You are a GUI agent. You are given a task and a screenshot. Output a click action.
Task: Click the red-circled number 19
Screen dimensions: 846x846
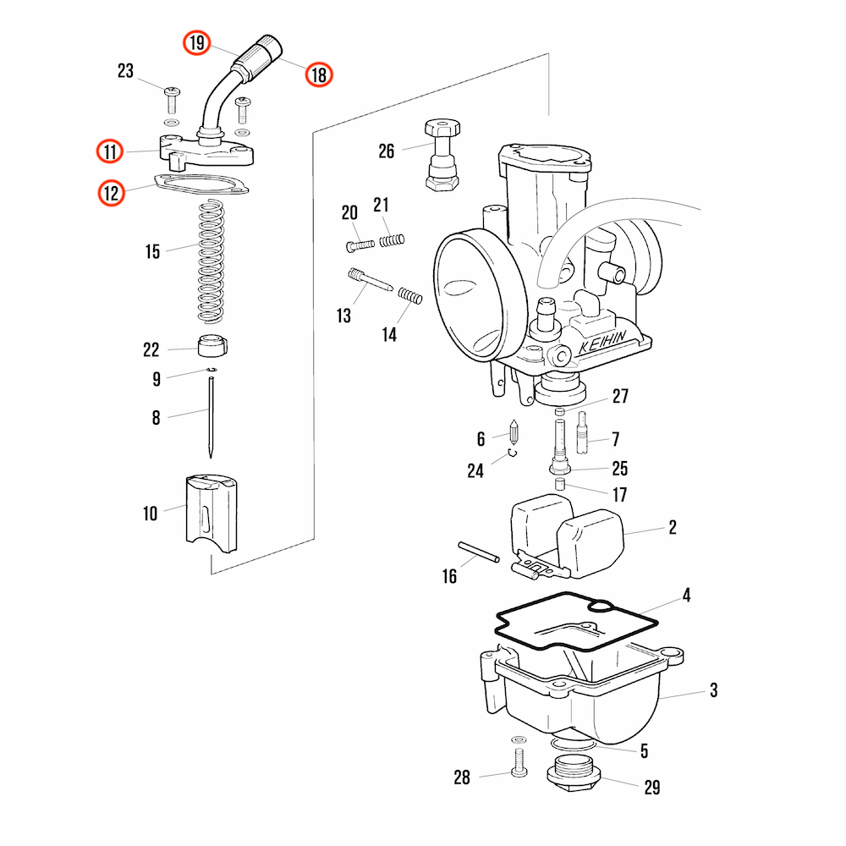tap(196, 42)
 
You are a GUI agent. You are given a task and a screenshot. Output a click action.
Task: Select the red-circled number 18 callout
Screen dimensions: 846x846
tap(319, 74)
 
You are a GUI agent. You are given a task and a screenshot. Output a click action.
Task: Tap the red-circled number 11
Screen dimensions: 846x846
tap(110, 151)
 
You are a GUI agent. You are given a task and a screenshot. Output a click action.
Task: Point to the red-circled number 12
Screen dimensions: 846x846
tap(111, 193)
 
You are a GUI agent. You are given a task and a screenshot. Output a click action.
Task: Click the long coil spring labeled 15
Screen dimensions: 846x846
tap(211, 261)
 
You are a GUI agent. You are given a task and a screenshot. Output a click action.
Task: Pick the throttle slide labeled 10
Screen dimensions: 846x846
tap(211, 514)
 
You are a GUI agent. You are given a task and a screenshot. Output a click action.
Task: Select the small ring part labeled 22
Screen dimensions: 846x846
tap(212, 346)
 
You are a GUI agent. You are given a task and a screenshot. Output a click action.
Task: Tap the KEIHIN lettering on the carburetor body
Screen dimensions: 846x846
tap(602, 342)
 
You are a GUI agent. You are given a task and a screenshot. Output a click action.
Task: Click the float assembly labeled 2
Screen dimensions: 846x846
tap(567, 537)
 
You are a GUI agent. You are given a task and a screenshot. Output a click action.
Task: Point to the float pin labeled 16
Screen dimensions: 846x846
tap(479, 552)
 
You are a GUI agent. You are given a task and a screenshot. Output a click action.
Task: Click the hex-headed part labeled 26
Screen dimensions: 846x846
tap(442, 155)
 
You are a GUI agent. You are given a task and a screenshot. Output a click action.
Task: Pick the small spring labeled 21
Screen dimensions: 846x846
tap(392, 240)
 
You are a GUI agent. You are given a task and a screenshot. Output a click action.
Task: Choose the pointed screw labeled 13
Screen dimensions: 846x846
tap(371, 280)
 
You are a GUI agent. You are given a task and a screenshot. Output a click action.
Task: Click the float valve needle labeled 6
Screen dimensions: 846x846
tap(514, 431)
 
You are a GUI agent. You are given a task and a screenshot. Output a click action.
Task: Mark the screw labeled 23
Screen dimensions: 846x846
tap(172, 100)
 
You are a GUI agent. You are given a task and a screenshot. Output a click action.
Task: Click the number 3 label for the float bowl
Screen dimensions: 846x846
tap(714, 690)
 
